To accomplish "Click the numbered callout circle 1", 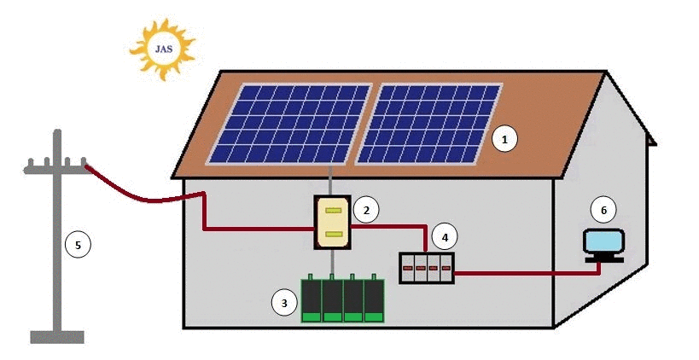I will click(x=504, y=138).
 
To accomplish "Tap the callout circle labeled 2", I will click(x=364, y=209).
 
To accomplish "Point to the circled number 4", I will click(x=442, y=236).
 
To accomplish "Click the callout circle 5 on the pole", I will click(x=77, y=246).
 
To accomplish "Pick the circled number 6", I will click(x=603, y=209).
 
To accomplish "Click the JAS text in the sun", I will click(x=161, y=48).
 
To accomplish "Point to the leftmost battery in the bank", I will click(x=312, y=299).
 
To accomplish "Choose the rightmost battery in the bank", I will click(x=375, y=299).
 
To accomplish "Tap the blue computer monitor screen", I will click(x=604, y=241).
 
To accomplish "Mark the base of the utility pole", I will click(x=57, y=336).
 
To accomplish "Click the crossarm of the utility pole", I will click(x=55, y=168).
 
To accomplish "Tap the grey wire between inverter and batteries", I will click(x=333, y=262).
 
